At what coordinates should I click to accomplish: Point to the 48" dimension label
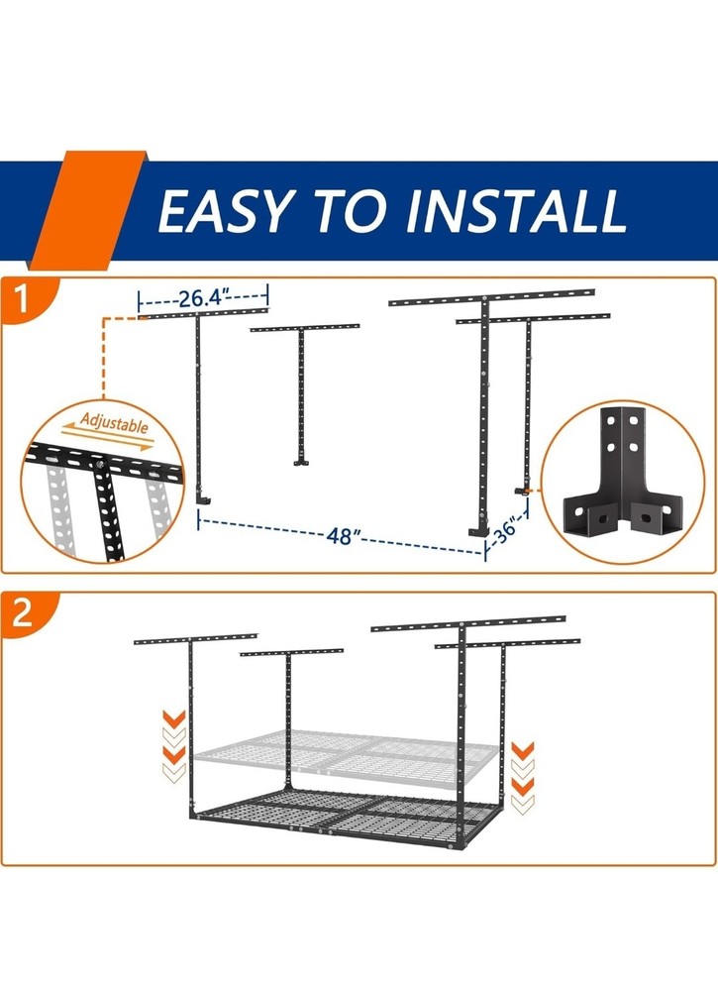point(339,536)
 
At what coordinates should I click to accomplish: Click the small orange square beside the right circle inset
point(532,489)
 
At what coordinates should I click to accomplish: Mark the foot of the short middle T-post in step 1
point(301,461)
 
